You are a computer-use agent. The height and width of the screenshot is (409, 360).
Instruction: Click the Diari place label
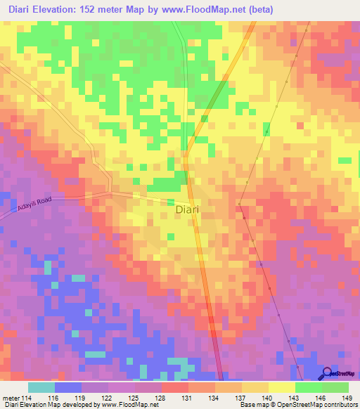186,209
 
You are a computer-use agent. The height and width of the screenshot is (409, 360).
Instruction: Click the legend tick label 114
25,398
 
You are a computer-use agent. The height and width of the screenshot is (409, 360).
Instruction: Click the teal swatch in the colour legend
41,387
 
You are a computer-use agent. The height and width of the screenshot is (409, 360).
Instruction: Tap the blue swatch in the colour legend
68,387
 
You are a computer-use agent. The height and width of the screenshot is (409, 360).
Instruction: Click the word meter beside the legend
10,398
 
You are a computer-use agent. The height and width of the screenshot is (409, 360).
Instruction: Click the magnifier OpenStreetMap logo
327,373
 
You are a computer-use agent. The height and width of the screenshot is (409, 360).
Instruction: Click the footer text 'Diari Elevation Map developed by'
49,405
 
